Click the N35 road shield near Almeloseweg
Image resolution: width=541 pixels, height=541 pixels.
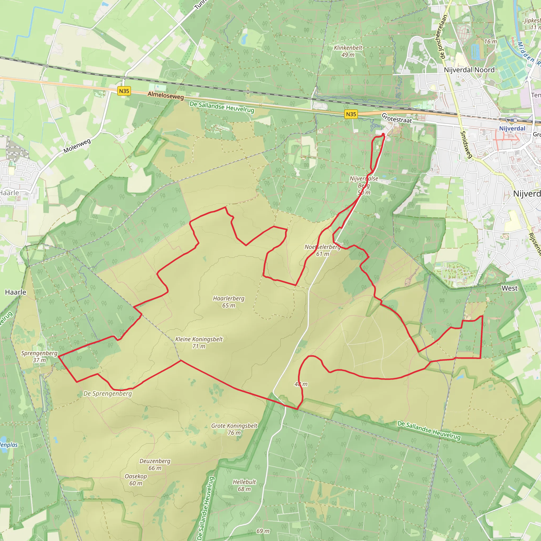(124, 91)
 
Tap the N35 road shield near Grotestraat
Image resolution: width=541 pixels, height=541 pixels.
(351, 114)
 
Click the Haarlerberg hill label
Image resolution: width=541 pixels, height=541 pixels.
(228, 302)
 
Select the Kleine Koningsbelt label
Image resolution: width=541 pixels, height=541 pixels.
(199, 342)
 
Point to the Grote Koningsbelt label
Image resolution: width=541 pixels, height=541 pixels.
(234, 429)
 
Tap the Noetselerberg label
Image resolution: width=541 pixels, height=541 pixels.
(322, 250)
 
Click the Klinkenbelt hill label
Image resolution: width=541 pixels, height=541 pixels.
(348, 51)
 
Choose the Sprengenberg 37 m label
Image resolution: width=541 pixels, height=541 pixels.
(39, 356)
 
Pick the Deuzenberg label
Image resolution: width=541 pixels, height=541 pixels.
(155, 464)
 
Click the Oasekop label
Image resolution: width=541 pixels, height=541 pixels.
(136, 480)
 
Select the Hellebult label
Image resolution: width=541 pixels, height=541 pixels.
(244, 485)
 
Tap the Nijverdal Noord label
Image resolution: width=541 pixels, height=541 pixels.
(469, 70)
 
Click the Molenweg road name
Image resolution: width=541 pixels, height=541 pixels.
(77, 146)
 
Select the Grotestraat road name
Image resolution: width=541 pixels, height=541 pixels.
(397, 118)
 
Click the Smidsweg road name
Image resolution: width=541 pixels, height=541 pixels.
(467, 144)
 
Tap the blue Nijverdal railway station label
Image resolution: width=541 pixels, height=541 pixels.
(512, 129)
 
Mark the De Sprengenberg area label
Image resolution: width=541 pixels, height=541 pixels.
(108, 393)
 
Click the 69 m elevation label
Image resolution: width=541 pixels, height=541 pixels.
(263, 531)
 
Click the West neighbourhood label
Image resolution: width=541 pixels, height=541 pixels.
(509, 288)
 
